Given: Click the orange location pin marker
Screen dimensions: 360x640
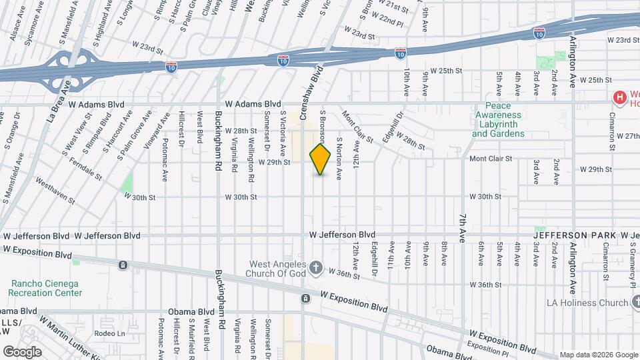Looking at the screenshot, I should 320,159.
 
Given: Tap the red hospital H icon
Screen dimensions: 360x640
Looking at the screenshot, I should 620,99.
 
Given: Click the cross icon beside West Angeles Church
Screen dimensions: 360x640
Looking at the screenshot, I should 316,269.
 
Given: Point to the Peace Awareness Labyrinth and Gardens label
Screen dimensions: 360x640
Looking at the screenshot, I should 498,119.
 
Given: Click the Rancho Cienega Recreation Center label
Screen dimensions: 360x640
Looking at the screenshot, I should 46,287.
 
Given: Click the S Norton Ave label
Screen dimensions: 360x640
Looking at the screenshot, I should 339,159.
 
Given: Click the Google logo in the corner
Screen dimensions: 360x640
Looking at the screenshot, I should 22,351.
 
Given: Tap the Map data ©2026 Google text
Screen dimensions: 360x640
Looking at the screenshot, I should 598,355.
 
